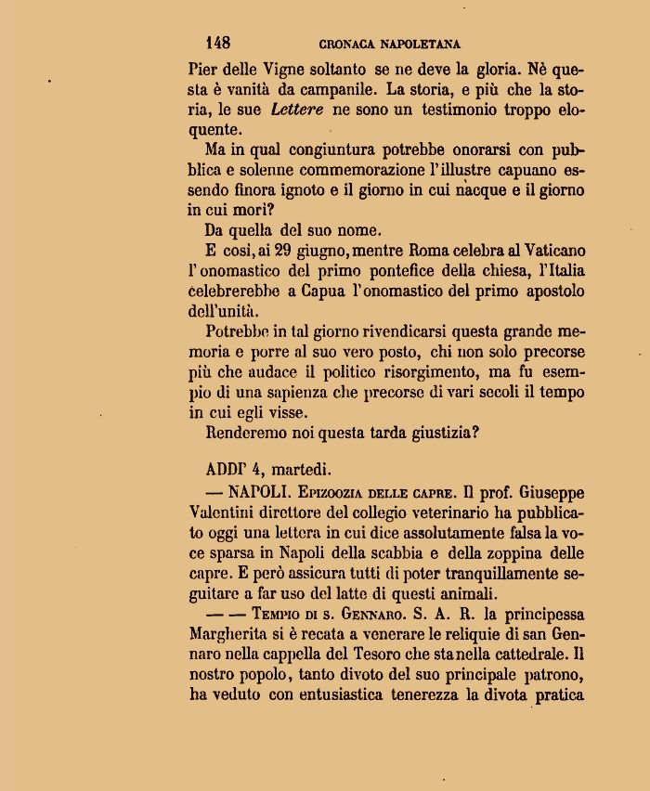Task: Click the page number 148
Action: coord(218,43)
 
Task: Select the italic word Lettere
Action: coord(298,110)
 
